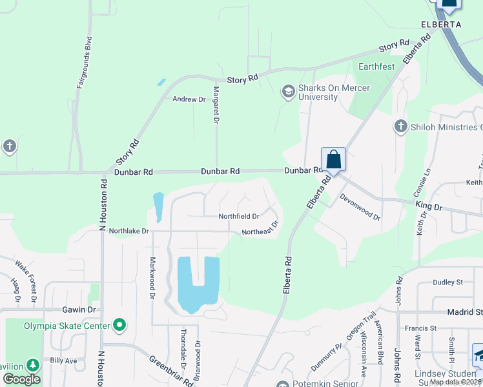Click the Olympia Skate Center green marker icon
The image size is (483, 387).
pos(119,325)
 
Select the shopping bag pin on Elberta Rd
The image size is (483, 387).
pos(333,159)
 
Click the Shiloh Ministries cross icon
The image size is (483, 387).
pos(400,126)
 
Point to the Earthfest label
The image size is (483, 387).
pos(377,66)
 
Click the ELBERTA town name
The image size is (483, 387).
pos(441,24)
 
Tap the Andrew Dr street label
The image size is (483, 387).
pos(189,99)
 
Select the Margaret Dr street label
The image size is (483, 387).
pos(216,106)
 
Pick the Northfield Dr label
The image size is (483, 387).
pos(238,217)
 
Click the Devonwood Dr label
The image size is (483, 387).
pos(360,209)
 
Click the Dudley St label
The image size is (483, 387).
pos(448,282)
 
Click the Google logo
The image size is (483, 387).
pos(21,379)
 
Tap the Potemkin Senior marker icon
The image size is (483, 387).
pos(282,384)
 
